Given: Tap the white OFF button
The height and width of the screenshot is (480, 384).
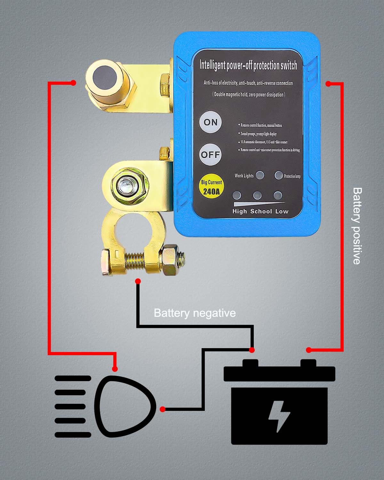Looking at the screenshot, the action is click(210, 155).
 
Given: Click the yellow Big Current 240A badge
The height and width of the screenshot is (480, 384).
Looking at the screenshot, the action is click(211, 187).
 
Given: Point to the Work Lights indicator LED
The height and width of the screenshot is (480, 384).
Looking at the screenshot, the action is click(260, 175).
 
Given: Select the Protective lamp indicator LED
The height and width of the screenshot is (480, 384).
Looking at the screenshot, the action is click(279, 175).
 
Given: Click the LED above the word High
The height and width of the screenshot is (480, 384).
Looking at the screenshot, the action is click(237, 196).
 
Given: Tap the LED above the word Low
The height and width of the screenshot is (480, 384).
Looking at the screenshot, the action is click(278, 196).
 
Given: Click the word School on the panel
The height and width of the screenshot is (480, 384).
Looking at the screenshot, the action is click(261, 211).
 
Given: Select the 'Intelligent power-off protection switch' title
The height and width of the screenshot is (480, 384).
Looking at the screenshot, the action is click(248, 65).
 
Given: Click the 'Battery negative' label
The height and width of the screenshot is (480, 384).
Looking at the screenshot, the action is click(195, 313).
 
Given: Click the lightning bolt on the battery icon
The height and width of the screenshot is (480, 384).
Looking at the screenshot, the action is click(279, 416).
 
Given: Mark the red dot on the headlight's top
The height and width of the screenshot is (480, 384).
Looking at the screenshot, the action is click(115, 369).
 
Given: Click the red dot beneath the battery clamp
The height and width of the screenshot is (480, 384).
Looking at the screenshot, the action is click(138, 281).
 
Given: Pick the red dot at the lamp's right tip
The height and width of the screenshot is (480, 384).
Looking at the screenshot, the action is click(163, 409).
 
